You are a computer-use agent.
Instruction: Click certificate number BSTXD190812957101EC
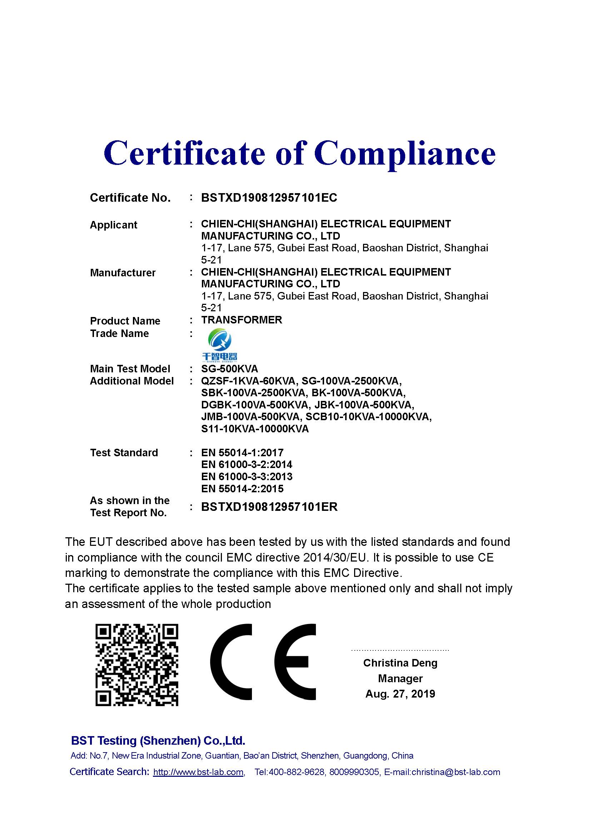(x=269, y=198)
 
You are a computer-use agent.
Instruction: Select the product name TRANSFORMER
(x=242, y=320)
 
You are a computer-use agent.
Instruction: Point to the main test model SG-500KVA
(x=230, y=369)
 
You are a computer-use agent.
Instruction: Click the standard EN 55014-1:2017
(x=242, y=453)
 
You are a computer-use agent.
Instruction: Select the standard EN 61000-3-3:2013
(x=247, y=477)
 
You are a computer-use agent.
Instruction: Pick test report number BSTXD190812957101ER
(x=269, y=507)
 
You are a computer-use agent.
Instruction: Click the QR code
(x=137, y=665)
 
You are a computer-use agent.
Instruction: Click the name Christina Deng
(x=400, y=663)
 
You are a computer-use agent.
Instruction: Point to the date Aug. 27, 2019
(x=400, y=694)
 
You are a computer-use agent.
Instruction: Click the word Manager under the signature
(x=400, y=679)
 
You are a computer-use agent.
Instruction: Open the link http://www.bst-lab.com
(x=198, y=772)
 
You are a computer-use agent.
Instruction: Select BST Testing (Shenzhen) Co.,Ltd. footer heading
(x=158, y=741)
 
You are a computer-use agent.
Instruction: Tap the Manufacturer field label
(x=123, y=273)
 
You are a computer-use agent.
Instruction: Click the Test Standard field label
(x=124, y=453)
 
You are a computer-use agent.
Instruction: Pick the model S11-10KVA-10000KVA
(x=255, y=429)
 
